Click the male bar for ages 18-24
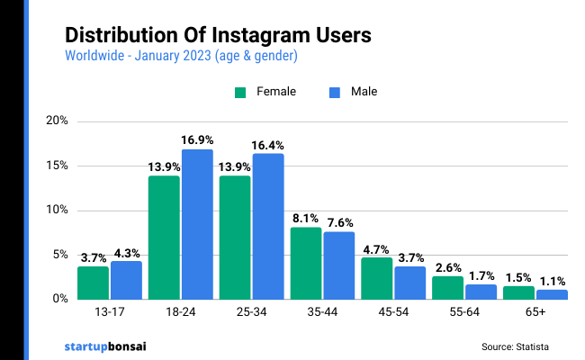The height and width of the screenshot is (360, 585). pos(197,224)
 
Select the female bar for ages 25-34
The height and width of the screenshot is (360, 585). pos(235,237)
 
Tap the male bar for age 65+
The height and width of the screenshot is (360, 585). pos(552,294)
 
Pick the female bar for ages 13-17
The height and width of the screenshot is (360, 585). pos(93,283)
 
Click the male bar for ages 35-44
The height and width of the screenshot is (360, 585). pos(339,265)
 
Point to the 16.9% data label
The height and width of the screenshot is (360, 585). pos(198,139)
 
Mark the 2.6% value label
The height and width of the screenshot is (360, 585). pos(447,266)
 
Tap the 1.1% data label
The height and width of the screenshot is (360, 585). pos(552,280)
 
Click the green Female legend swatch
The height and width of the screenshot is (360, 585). pos(240,92)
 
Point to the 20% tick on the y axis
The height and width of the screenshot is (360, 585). pos(57,121)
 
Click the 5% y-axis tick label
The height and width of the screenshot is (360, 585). pos(59,255)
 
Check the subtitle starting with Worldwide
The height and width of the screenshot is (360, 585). pos(181,56)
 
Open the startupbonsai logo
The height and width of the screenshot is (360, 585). pos(106,345)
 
